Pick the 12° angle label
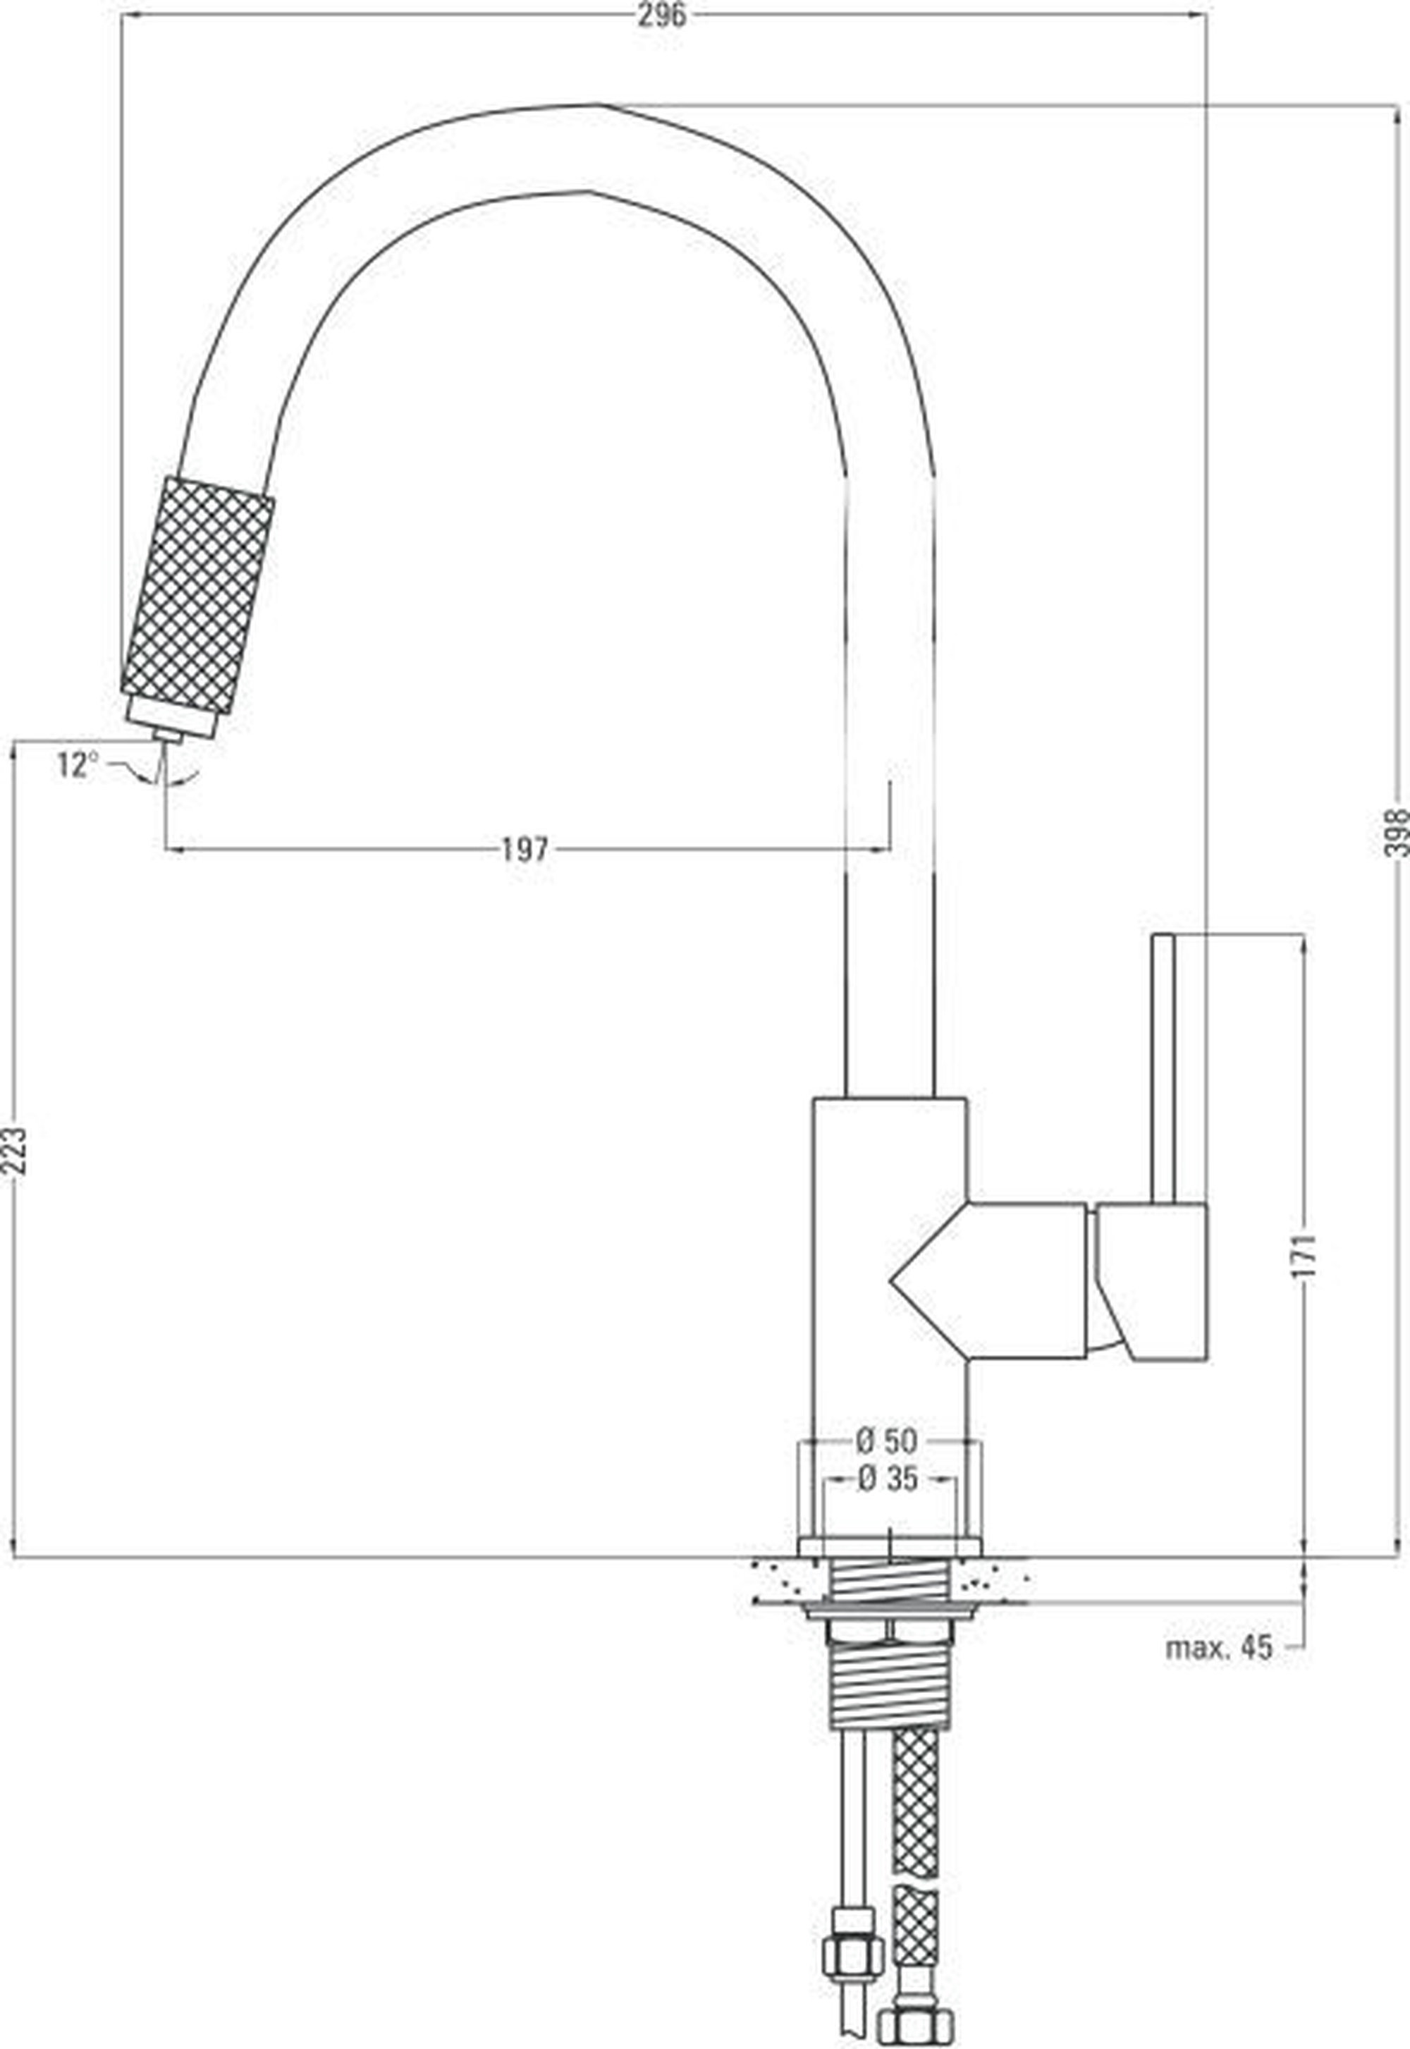[x=75, y=765]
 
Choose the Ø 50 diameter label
[x=887, y=1442]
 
